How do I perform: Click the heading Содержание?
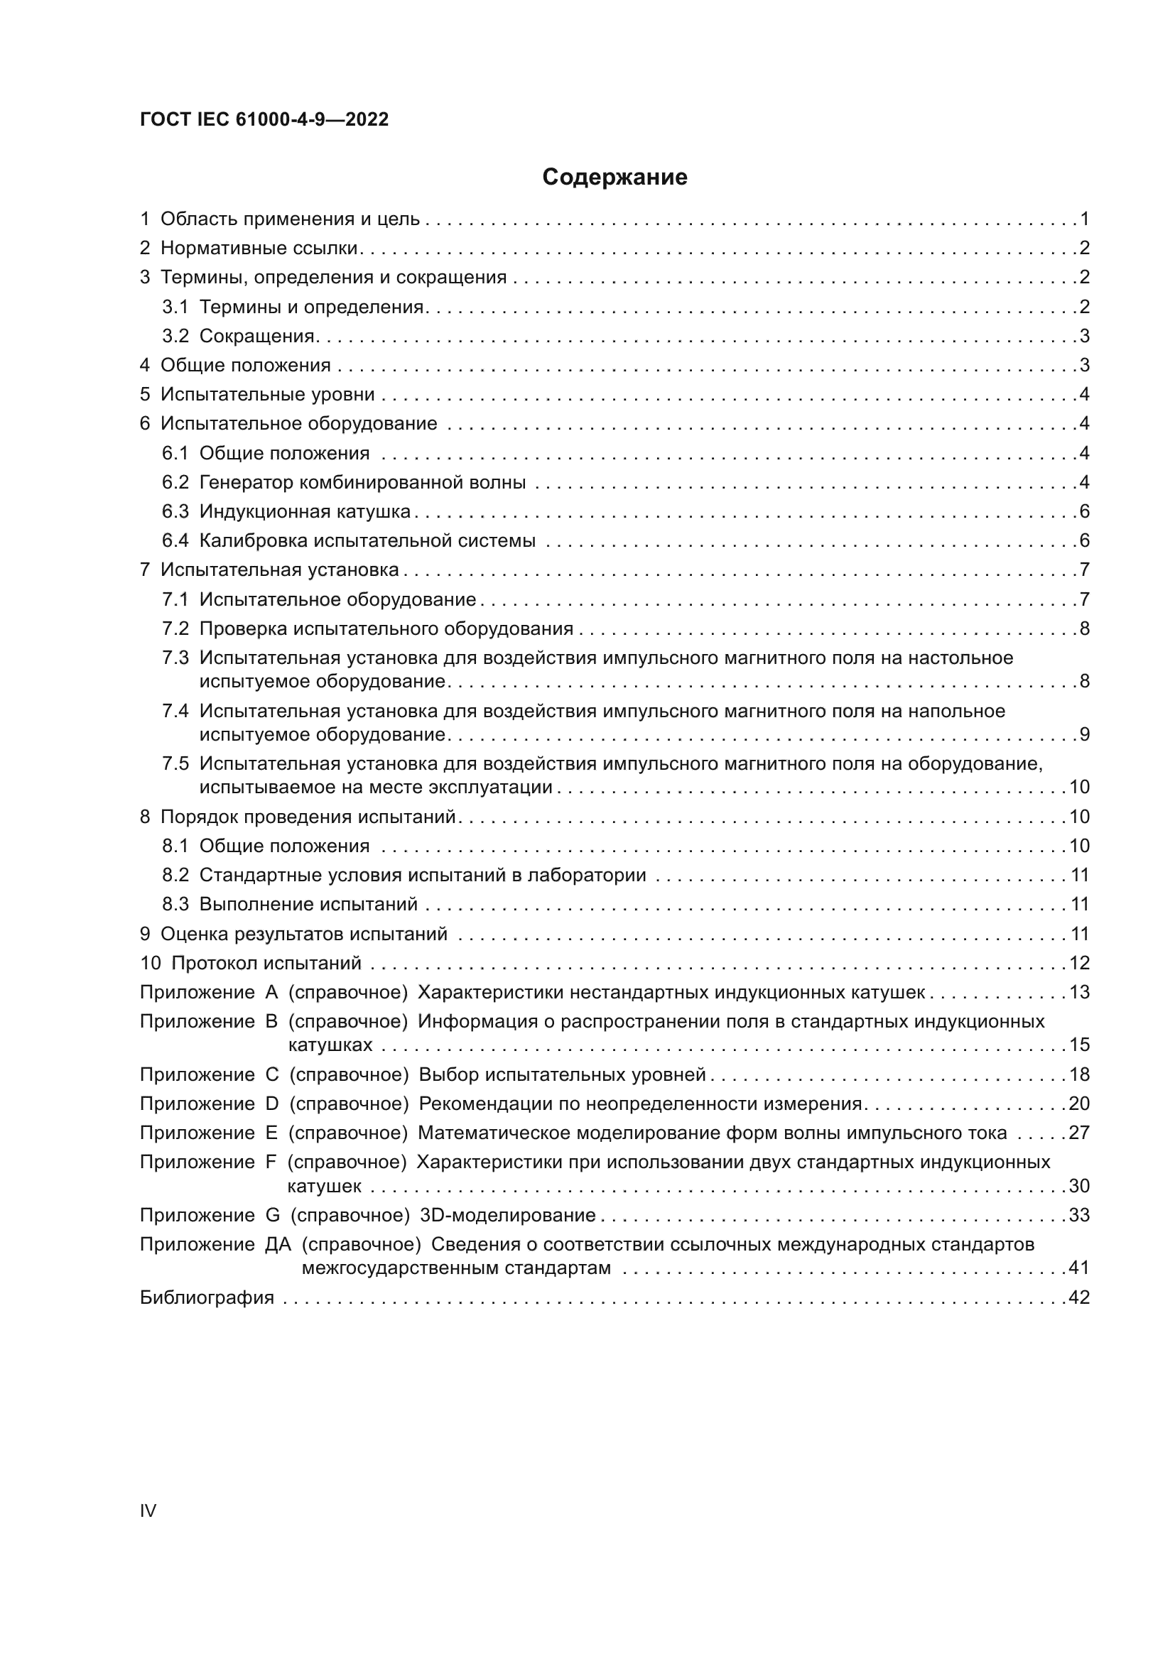614,178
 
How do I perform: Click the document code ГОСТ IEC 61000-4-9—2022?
264,119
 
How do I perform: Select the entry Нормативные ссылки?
259,248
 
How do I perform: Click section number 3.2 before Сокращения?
175,337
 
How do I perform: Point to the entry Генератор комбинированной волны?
362,482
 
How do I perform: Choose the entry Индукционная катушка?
305,512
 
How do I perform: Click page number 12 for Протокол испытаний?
1079,963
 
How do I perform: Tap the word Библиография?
207,1298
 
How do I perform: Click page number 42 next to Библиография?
1079,1298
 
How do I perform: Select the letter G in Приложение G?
273,1215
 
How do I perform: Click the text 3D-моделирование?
507,1215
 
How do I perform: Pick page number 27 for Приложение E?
1079,1133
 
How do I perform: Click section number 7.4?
175,711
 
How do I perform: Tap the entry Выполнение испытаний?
308,904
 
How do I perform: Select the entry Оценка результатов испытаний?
304,934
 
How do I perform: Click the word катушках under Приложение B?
330,1045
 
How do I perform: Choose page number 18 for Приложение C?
1079,1074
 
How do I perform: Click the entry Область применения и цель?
289,219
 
